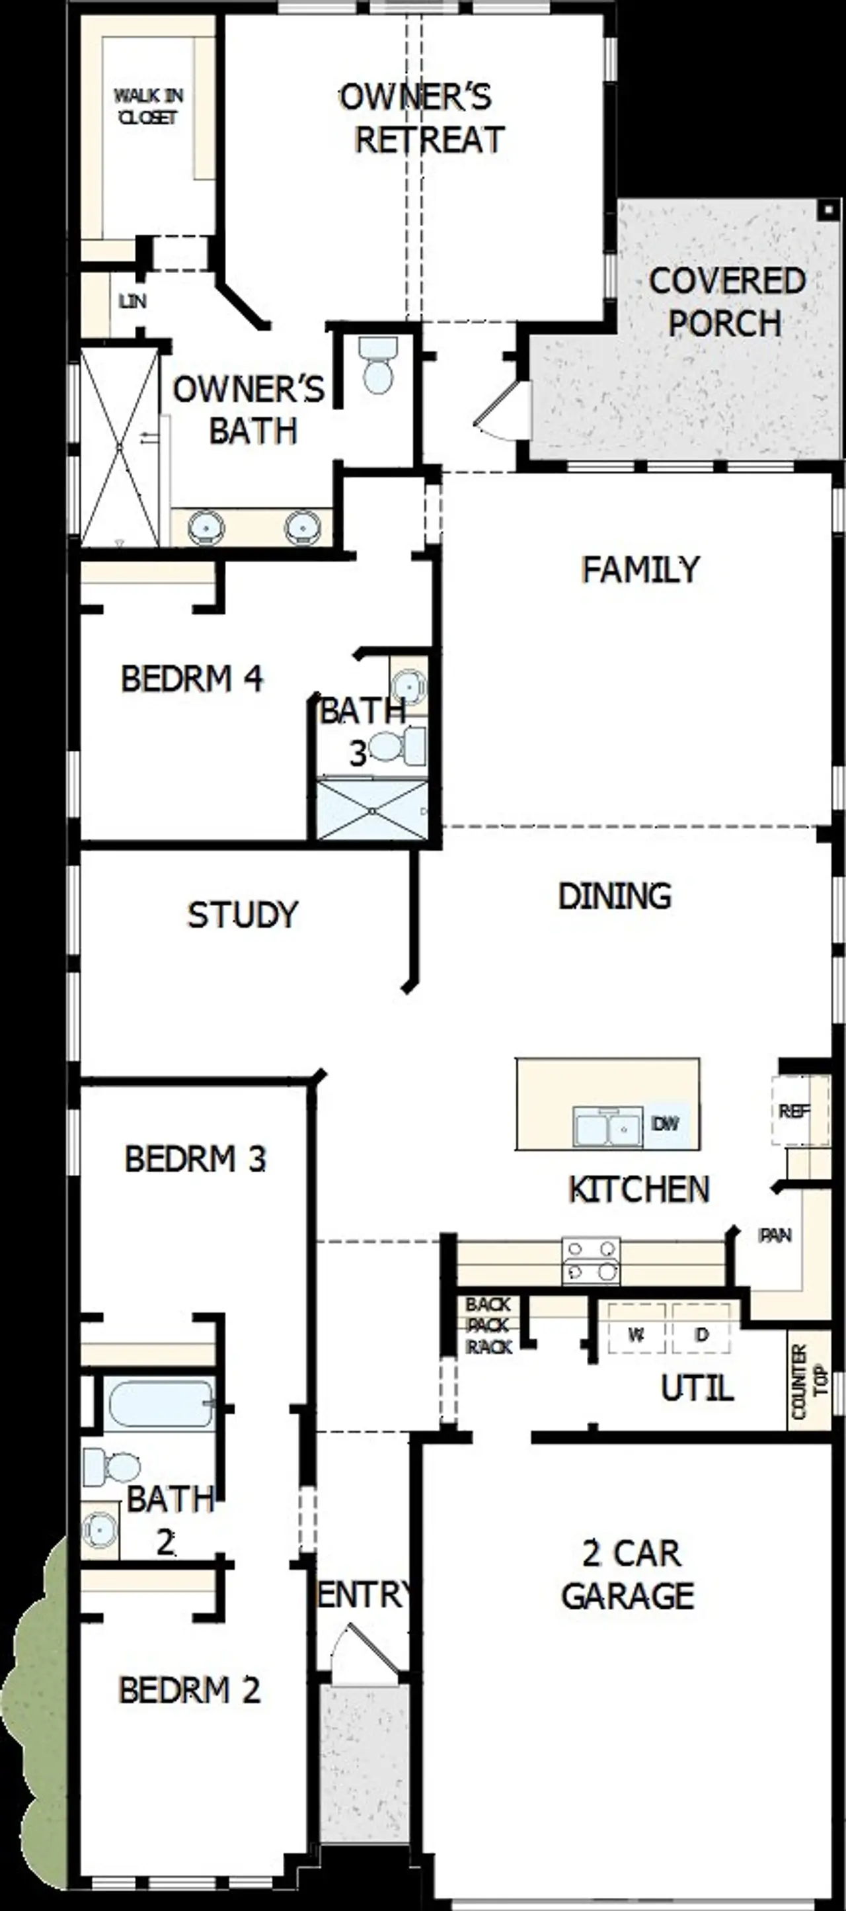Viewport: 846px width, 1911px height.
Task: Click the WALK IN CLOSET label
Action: (x=148, y=106)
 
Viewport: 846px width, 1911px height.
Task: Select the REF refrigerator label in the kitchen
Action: (x=793, y=1111)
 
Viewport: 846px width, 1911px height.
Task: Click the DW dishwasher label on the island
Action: (x=664, y=1123)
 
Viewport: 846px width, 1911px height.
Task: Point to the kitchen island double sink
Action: (x=607, y=1128)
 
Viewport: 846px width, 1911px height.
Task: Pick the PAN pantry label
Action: (x=775, y=1235)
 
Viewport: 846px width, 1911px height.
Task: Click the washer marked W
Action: (x=635, y=1335)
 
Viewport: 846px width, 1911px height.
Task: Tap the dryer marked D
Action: (x=701, y=1335)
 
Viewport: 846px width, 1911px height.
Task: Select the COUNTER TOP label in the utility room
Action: (x=809, y=1381)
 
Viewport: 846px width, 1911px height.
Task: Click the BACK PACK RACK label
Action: (x=488, y=1325)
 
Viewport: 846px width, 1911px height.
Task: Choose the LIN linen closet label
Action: (x=133, y=301)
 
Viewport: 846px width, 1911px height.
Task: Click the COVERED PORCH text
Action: (x=726, y=302)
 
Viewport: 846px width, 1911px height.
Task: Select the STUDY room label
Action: (x=243, y=915)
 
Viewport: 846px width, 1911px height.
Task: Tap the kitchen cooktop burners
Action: (x=591, y=1261)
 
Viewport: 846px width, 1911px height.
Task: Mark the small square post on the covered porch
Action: (x=827, y=210)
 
